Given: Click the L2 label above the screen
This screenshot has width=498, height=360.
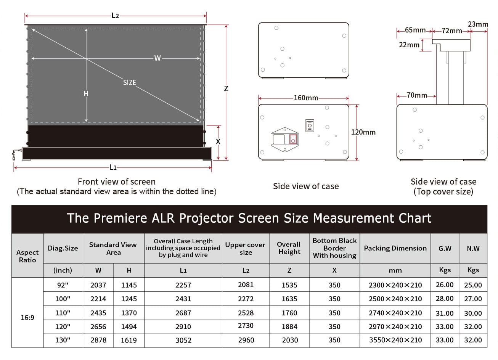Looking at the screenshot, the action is (x=115, y=16).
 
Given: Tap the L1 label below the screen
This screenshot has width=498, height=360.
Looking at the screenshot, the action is (x=113, y=167).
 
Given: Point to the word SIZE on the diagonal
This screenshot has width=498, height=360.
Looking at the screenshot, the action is (x=130, y=82).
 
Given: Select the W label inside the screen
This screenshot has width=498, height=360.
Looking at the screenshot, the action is (x=157, y=58).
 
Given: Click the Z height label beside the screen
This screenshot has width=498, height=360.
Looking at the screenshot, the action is (x=226, y=88).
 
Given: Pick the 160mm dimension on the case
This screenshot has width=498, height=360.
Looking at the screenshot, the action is (x=306, y=98).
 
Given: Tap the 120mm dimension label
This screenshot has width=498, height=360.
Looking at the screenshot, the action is (x=363, y=132).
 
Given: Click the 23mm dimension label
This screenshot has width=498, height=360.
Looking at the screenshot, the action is (x=478, y=24).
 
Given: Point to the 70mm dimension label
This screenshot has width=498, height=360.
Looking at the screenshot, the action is (x=417, y=95).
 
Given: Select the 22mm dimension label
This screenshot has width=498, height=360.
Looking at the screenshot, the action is (x=409, y=45).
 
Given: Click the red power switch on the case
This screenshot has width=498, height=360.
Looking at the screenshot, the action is (x=293, y=140).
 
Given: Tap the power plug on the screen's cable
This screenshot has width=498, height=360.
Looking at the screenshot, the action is (x=14, y=156).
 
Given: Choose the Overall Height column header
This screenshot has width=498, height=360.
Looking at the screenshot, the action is (x=289, y=248).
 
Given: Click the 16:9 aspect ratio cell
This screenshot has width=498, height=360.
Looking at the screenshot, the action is (x=27, y=317).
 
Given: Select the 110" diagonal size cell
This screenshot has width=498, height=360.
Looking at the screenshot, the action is (x=63, y=313).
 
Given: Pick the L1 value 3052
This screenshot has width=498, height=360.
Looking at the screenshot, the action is (x=183, y=340).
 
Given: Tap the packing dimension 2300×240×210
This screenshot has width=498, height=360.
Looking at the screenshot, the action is (x=395, y=285).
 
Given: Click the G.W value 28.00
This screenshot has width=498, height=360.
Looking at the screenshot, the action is (x=445, y=298).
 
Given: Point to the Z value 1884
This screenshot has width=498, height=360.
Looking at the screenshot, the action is (x=289, y=327).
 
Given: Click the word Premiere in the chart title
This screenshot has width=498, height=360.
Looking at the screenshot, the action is (x=120, y=218).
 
